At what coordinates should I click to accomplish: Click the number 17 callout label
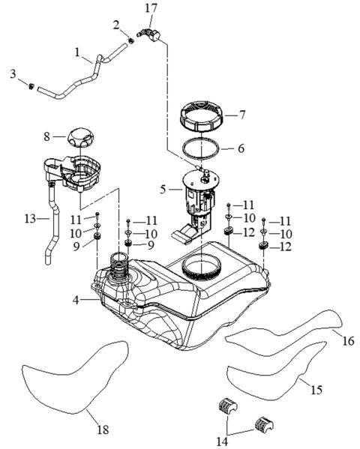click(x=151, y=8)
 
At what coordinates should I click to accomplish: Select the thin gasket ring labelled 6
click(x=201, y=149)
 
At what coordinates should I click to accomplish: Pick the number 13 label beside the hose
click(x=28, y=220)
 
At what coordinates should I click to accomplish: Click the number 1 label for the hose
click(x=77, y=53)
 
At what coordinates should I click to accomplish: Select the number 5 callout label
click(x=163, y=190)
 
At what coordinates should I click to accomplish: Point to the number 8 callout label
click(x=46, y=137)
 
